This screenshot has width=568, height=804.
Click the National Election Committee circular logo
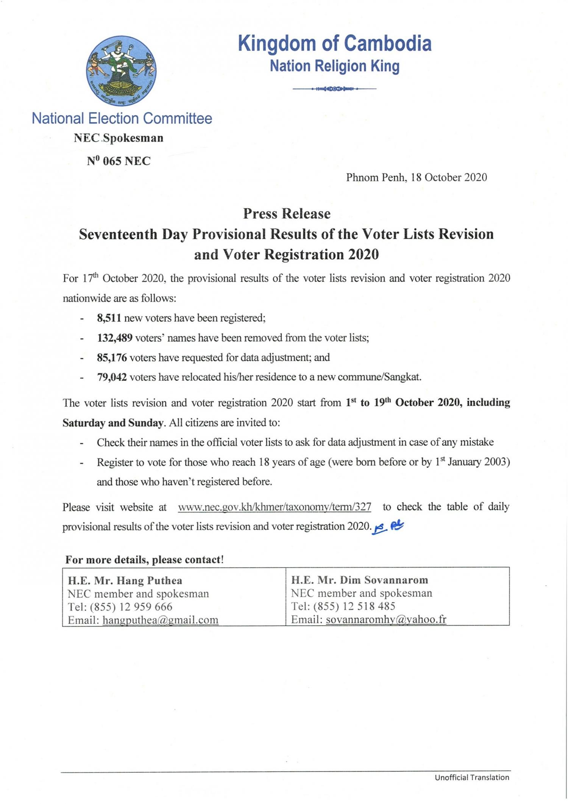point(121,71)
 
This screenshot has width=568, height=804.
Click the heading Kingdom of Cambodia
point(334,44)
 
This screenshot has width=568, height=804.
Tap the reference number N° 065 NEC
point(119,161)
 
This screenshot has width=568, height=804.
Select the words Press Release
point(287,214)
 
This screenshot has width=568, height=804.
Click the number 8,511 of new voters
point(109,318)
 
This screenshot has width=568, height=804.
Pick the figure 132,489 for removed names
point(115,338)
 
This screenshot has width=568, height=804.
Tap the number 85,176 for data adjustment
point(112,357)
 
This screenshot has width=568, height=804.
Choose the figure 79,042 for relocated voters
point(112,377)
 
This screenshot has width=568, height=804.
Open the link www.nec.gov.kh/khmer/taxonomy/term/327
point(275,507)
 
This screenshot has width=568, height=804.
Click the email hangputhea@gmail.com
point(161,620)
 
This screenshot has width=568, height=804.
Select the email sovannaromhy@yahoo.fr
point(386,619)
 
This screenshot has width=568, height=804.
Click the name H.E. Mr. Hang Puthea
point(125,580)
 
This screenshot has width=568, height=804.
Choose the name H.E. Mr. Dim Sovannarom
point(359,580)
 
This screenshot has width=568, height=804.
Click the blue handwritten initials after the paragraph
point(389,527)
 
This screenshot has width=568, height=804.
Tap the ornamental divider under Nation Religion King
point(334,89)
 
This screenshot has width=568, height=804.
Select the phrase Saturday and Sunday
point(113,422)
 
